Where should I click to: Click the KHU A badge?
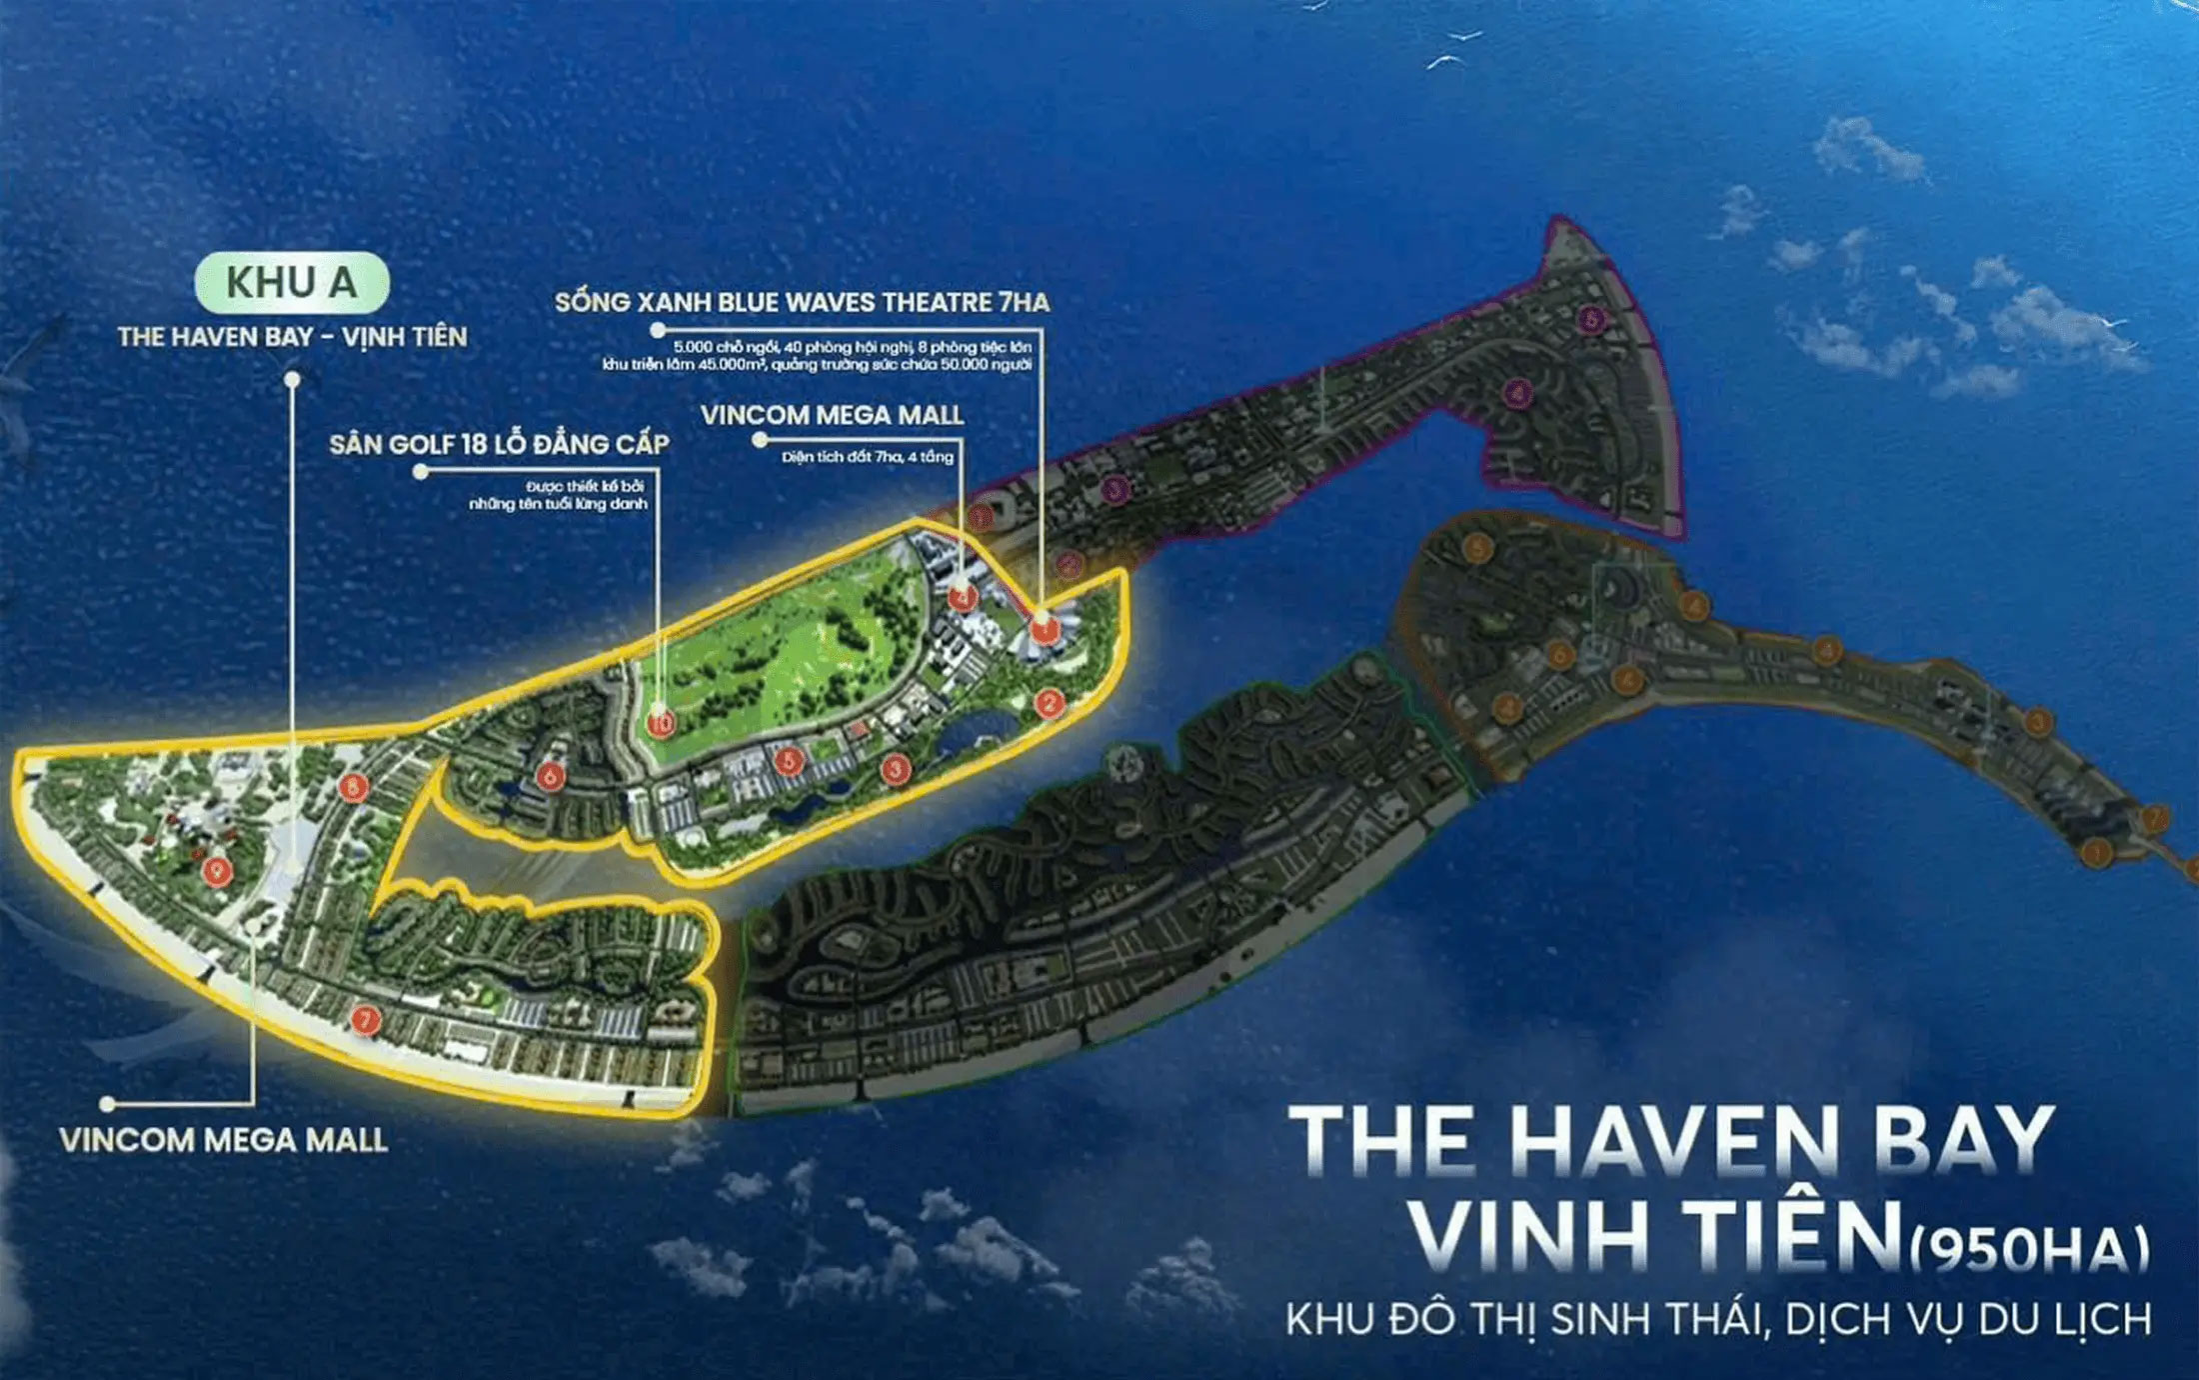[291, 283]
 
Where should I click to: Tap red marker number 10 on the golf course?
[661, 722]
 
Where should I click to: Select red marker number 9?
[216, 870]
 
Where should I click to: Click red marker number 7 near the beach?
[365, 1019]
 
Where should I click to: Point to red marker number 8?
[352, 787]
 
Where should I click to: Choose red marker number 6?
[549, 775]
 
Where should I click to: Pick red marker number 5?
[789, 761]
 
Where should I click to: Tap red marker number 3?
[895, 768]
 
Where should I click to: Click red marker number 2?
[1048, 703]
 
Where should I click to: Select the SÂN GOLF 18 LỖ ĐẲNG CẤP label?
[499, 444]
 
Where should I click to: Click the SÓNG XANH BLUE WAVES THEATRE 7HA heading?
[802, 302]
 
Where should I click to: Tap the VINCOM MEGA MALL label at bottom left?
[223, 1140]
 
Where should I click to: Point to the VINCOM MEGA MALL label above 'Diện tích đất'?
[832, 415]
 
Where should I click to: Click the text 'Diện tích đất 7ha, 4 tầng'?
[868, 457]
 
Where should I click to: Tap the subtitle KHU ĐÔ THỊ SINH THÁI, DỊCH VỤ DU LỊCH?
[1718, 1319]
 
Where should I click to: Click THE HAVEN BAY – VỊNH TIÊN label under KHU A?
[292, 337]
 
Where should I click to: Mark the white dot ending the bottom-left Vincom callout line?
[107, 1104]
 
